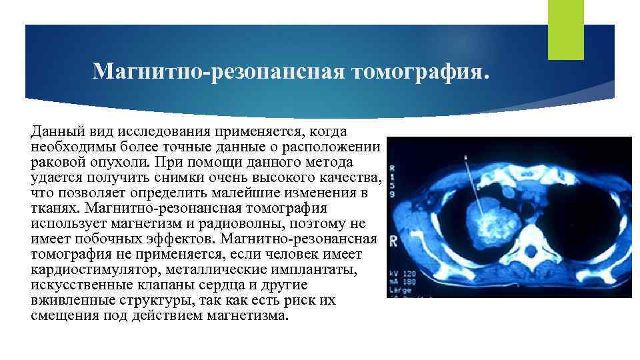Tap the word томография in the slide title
click(418, 71)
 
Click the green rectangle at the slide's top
click(565, 30)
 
